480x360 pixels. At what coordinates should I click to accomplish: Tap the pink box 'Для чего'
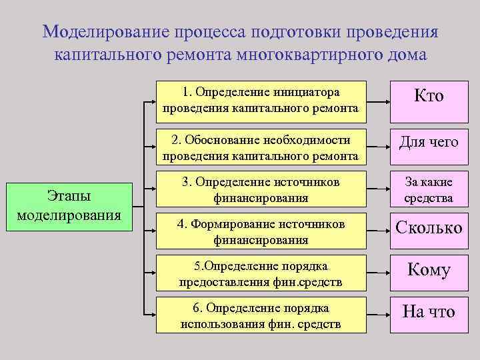click(429, 142)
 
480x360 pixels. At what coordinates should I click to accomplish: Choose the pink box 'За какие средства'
click(429, 189)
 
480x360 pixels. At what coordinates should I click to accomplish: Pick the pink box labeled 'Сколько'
click(429, 228)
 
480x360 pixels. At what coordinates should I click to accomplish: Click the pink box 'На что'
click(429, 312)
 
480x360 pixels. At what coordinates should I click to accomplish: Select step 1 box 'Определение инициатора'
click(260, 99)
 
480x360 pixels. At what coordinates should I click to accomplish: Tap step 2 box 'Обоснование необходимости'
click(260, 147)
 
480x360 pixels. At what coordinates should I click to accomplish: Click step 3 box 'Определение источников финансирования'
click(260, 189)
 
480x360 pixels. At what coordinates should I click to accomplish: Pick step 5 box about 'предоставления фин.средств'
click(260, 274)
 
